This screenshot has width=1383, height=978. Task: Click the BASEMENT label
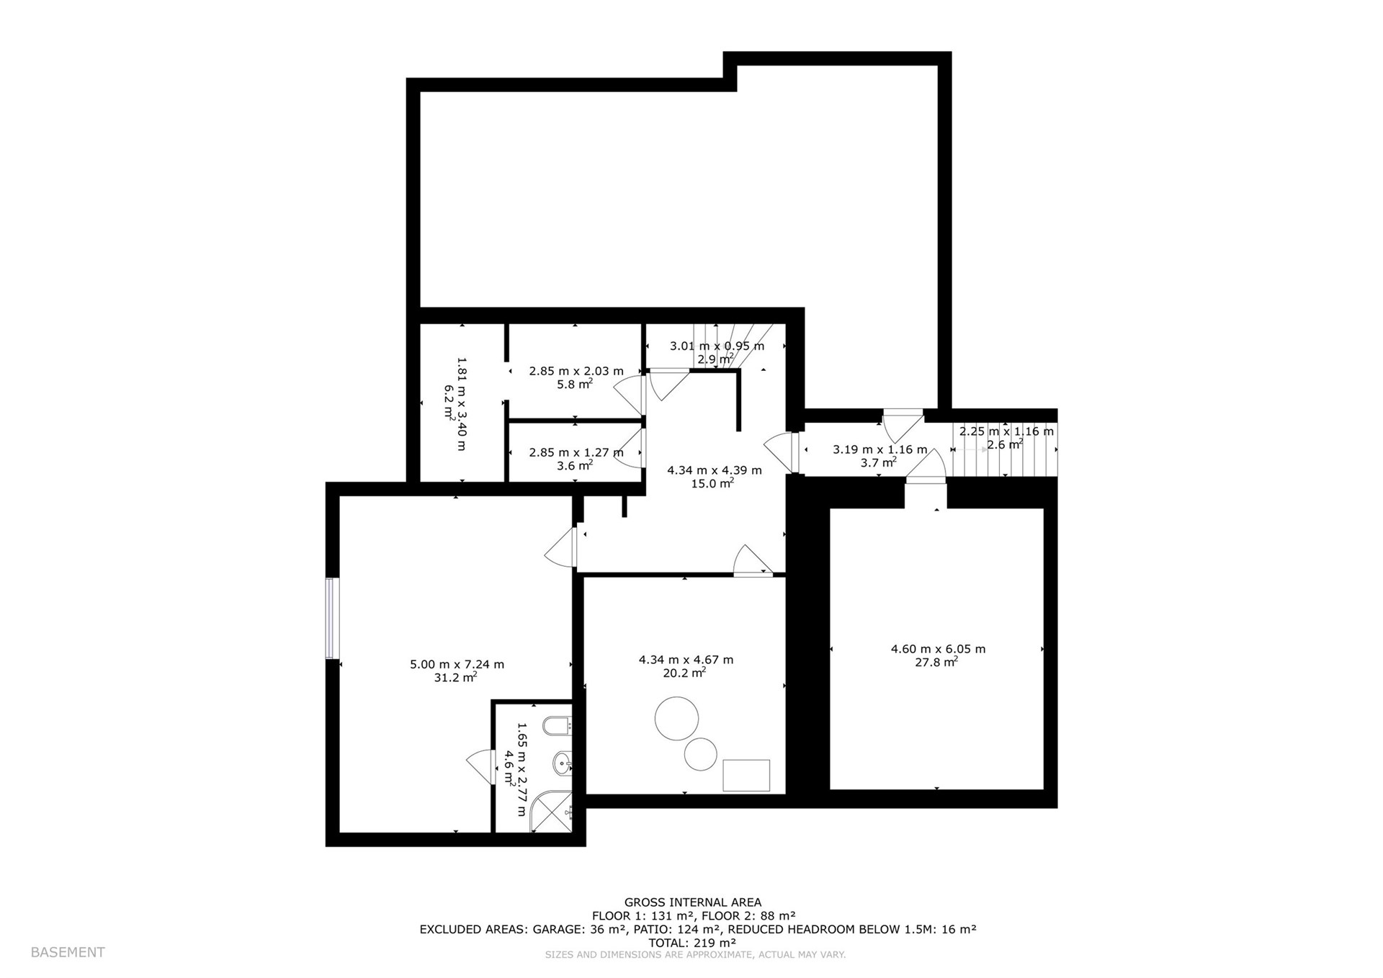(x=68, y=952)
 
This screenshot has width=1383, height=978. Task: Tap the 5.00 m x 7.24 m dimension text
(x=457, y=664)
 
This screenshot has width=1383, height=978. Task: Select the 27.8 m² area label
(x=936, y=662)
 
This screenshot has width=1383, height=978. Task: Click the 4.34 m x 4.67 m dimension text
(x=686, y=659)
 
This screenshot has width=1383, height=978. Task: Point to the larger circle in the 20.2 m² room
(x=676, y=718)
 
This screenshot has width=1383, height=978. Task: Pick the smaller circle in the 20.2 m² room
(x=700, y=755)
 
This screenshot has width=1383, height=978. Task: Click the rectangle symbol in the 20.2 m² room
(x=746, y=776)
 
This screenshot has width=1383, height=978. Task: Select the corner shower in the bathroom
(x=552, y=812)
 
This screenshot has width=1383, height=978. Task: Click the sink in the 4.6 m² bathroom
(x=563, y=761)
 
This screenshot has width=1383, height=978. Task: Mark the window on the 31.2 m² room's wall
(x=332, y=618)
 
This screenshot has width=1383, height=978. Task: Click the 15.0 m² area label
(x=712, y=483)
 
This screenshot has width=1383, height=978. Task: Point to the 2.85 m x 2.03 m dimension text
(x=576, y=371)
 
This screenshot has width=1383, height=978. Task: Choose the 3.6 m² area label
(x=575, y=465)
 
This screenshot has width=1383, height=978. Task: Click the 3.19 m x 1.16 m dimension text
(x=880, y=449)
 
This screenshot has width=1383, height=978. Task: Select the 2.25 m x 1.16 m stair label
(x=1006, y=431)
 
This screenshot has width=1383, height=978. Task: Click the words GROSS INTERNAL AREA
(x=693, y=902)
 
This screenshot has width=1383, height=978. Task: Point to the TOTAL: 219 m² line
(x=692, y=942)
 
